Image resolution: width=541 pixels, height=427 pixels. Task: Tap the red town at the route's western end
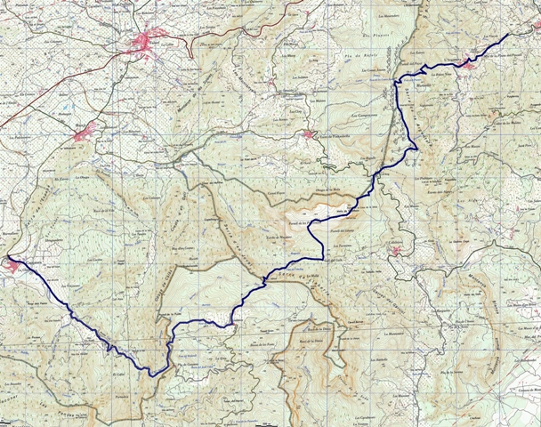tap(10, 263)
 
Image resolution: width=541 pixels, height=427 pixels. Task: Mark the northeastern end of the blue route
tap(508, 35)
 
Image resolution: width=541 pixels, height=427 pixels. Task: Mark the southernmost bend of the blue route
tap(153, 375)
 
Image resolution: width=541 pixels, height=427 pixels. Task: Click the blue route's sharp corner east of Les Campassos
tap(415, 149)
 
